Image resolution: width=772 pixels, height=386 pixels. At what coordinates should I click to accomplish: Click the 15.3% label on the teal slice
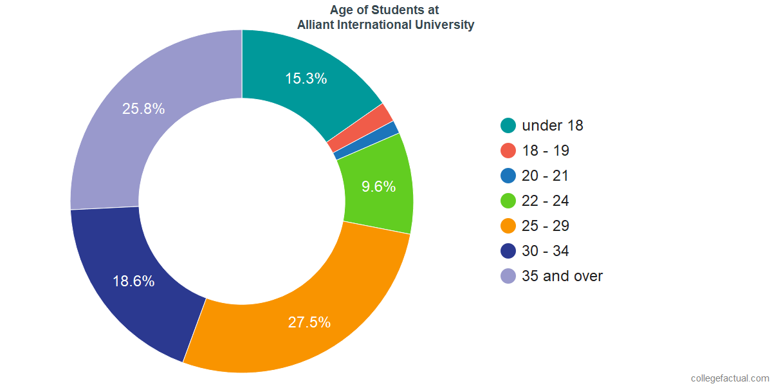point(306,78)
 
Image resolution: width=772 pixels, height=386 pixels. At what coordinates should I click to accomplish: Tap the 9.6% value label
point(378,187)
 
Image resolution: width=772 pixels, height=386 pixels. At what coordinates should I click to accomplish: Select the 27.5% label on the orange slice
point(309,322)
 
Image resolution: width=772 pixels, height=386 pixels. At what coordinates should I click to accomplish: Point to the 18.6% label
point(134,281)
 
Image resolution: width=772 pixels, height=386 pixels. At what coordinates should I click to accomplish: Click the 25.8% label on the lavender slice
point(143,109)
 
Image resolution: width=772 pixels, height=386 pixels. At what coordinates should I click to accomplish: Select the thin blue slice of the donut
point(366,140)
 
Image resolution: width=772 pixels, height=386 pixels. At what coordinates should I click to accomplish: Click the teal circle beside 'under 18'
point(508,125)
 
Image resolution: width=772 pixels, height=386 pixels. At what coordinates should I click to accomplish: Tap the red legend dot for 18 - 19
point(508,151)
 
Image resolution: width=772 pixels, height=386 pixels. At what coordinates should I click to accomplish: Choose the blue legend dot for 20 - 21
point(508,176)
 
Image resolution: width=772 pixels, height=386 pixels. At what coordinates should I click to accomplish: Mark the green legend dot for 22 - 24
point(508,201)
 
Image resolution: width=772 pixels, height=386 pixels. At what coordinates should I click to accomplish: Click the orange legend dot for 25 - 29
point(508,226)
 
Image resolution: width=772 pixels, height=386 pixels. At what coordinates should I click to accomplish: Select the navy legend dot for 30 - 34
point(508,251)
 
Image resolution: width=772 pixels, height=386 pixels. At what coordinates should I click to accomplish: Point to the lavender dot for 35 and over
point(508,276)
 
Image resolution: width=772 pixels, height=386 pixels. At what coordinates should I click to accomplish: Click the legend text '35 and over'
point(562,276)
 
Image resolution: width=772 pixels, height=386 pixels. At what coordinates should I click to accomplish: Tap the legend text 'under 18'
point(553,125)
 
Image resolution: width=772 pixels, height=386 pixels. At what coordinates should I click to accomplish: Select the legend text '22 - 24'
point(546,201)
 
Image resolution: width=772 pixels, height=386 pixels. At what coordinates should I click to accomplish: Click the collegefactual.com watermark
point(729,378)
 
